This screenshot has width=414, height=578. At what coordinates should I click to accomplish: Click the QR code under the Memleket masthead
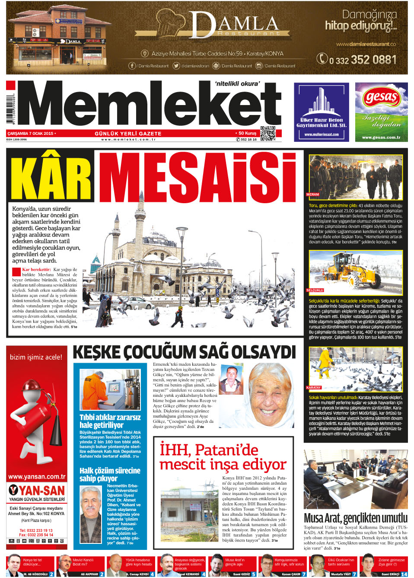point(268,134)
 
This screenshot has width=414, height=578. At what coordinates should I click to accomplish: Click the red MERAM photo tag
point(312,195)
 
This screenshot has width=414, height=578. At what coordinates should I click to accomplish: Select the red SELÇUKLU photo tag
point(315,290)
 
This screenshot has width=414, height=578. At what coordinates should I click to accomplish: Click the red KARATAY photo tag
point(314,387)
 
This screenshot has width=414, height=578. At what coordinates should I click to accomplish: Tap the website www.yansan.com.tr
point(37,477)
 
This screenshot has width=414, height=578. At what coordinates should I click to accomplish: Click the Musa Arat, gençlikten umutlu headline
point(355,518)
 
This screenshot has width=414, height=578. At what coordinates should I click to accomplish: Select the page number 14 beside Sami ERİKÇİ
point(404,574)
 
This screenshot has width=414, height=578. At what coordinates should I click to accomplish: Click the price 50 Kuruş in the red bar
point(247,133)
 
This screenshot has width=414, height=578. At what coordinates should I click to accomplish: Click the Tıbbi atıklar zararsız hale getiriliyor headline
point(110,421)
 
